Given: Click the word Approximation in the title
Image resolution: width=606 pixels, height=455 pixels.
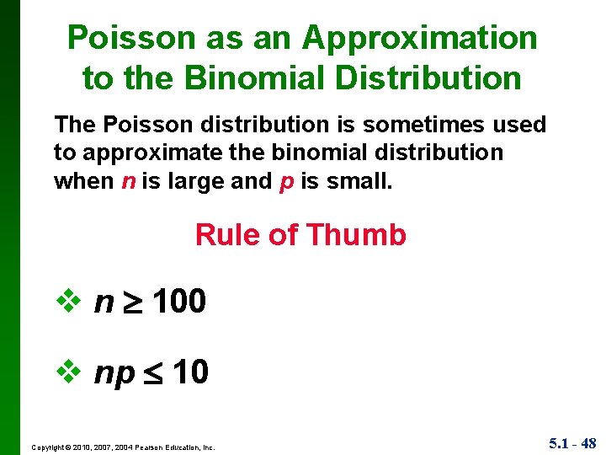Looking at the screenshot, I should pos(419,39).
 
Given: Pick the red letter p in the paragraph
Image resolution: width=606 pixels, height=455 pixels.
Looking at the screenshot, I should pos(284,182).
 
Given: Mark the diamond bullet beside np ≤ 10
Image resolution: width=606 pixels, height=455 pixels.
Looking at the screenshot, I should pos(66,372).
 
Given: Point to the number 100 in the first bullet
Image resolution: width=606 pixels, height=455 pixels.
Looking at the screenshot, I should pos(179,301).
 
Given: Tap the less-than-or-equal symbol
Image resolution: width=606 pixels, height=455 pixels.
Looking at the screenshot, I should pos(153,373).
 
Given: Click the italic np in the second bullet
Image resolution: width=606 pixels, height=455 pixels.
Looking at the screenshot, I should pos(114,373).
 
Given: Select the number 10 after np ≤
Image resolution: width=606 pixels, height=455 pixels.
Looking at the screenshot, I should pos(190,372).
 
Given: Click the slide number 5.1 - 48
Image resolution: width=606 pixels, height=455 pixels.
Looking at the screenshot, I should pos(572,442).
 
